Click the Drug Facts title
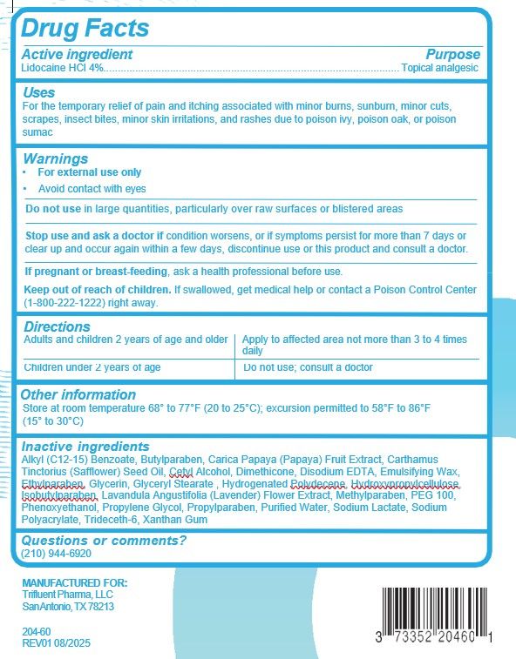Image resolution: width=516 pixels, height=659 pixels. (85, 29)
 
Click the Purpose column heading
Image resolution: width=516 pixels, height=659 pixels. (452, 54)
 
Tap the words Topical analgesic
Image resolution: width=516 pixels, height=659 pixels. (440, 67)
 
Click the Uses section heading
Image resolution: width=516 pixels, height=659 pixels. (38, 92)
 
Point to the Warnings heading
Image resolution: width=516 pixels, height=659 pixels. (55, 159)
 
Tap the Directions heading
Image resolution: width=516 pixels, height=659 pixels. (57, 326)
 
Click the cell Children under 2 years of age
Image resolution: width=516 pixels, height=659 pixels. (92, 367)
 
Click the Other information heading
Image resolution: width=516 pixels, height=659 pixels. (78, 394)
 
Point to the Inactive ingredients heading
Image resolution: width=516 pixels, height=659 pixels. (85, 446)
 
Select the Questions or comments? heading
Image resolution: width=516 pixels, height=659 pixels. (104, 541)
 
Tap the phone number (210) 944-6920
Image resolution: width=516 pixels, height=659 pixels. (56, 554)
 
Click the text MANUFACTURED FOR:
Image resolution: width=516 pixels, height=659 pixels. (74, 582)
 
